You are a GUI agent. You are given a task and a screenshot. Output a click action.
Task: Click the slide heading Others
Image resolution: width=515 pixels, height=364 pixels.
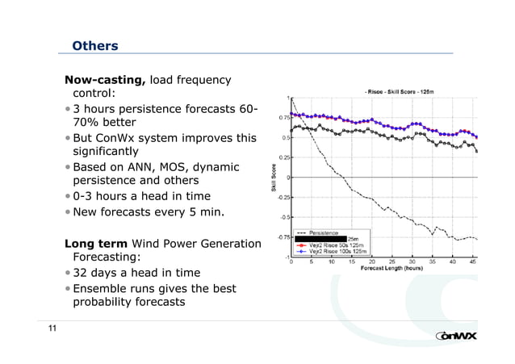pos(94,46)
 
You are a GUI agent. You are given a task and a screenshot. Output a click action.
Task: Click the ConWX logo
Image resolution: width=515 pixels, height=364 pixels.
pos(460,336)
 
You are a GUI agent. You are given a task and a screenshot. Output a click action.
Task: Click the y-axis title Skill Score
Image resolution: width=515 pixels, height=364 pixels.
pos(274,177)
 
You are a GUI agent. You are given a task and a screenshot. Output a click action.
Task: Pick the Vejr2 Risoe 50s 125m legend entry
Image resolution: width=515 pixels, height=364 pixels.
pos(334,245)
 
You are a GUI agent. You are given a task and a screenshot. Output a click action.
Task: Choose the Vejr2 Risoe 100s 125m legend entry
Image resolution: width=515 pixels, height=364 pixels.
pos(335,251)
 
